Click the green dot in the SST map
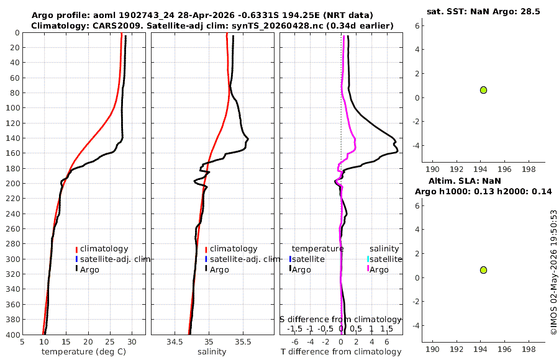483,90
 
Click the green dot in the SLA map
483,270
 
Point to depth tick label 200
12,183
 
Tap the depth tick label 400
12,335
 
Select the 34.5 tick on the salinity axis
175,342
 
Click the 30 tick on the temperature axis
132,342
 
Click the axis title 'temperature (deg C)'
84,352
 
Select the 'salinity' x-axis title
212,352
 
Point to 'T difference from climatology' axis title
341,352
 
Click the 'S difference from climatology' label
341,320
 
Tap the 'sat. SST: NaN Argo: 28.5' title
483,11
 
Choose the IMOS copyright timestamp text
553,272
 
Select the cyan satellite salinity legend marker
368,259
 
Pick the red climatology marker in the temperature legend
76,249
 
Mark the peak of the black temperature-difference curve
397,152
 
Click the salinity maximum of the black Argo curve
248,139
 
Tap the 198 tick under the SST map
529,169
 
